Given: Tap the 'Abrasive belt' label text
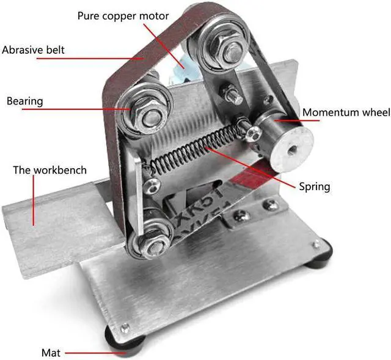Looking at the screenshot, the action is [x=33, y=50].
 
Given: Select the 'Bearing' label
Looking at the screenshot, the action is [x=24, y=101].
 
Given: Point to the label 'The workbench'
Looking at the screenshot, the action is [x=49, y=169].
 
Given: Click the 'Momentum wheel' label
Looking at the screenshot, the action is [x=346, y=112].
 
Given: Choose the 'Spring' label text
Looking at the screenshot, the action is [x=314, y=186].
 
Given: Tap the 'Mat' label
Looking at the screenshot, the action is [x=50, y=353].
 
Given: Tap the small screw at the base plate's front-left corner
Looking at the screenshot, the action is [x=125, y=326].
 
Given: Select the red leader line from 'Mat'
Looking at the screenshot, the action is [x=86, y=353].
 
